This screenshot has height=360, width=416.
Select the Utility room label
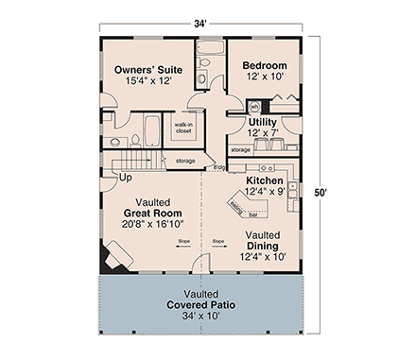[x=262, y=122]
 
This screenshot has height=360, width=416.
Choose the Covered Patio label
[x=201, y=306]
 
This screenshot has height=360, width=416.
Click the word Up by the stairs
[x=123, y=177]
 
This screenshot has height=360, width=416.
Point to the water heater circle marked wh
[x=253, y=107]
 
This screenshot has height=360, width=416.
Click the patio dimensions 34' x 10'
[x=201, y=318]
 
